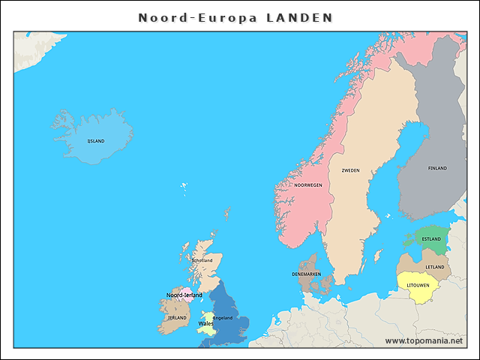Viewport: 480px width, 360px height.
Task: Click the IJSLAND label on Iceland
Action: pos(96,141)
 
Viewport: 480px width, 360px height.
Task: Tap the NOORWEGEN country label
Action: pos(308,184)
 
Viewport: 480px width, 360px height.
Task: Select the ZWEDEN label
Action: pos(350,171)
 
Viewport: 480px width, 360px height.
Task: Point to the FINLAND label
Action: pos(436,168)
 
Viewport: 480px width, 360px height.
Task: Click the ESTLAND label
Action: pos(431,239)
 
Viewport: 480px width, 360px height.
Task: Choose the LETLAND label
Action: pos(434,267)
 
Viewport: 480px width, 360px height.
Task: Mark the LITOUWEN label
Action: pos(418,286)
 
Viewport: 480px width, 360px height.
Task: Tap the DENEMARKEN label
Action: pos(307,274)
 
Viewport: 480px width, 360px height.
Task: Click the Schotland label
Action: pos(202,260)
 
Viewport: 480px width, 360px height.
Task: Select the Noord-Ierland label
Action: pos(184,295)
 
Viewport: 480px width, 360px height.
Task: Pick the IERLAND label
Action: pos(177,318)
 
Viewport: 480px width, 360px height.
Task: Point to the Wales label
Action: pos(205,324)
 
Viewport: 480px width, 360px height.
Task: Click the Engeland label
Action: pos(223,318)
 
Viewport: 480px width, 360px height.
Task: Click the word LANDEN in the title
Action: pos(300,17)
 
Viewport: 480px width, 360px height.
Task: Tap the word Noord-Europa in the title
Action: pos(199,17)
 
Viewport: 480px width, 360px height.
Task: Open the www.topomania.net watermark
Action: pos(424,340)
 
